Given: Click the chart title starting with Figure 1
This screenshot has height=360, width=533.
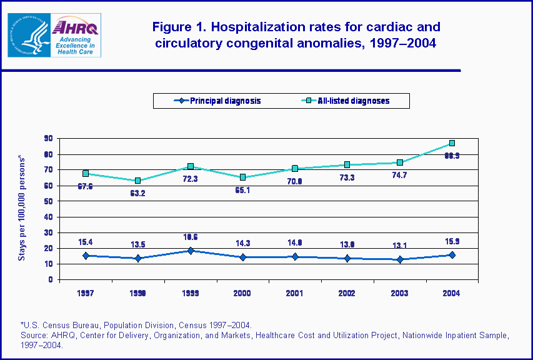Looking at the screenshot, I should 296,35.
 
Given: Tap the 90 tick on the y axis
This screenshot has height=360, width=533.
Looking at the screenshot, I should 47,139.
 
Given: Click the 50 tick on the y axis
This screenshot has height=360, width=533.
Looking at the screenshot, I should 47,201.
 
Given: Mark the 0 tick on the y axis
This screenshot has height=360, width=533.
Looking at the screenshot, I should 49,280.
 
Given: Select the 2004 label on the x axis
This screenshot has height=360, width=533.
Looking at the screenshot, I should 451,293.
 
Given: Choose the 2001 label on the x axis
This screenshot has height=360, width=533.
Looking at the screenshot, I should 294,293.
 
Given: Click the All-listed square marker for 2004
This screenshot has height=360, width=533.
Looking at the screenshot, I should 451,143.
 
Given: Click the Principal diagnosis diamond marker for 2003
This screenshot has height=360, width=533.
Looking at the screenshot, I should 399,259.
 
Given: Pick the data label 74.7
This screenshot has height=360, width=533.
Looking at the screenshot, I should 399,176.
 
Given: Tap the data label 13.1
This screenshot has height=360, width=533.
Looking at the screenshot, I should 399,245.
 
